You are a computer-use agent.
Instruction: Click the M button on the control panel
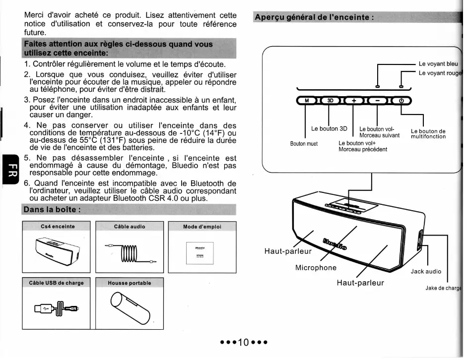click(x=307, y=101)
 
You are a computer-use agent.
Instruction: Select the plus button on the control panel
click(x=354, y=101)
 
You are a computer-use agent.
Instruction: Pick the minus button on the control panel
click(x=378, y=101)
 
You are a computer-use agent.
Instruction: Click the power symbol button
click(x=401, y=101)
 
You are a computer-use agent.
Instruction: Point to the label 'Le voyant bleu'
click(x=438, y=64)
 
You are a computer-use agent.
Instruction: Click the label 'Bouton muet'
click(x=304, y=144)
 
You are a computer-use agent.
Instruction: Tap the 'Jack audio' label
click(x=426, y=271)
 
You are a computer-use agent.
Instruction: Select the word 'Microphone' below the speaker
click(x=316, y=268)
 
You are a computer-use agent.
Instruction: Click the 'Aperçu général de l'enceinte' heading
click(x=314, y=17)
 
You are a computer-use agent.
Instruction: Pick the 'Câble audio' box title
click(x=130, y=226)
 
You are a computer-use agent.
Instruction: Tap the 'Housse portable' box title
click(x=129, y=283)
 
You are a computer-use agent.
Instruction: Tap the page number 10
click(x=243, y=343)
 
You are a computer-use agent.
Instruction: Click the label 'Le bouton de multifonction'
click(x=428, y=134)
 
